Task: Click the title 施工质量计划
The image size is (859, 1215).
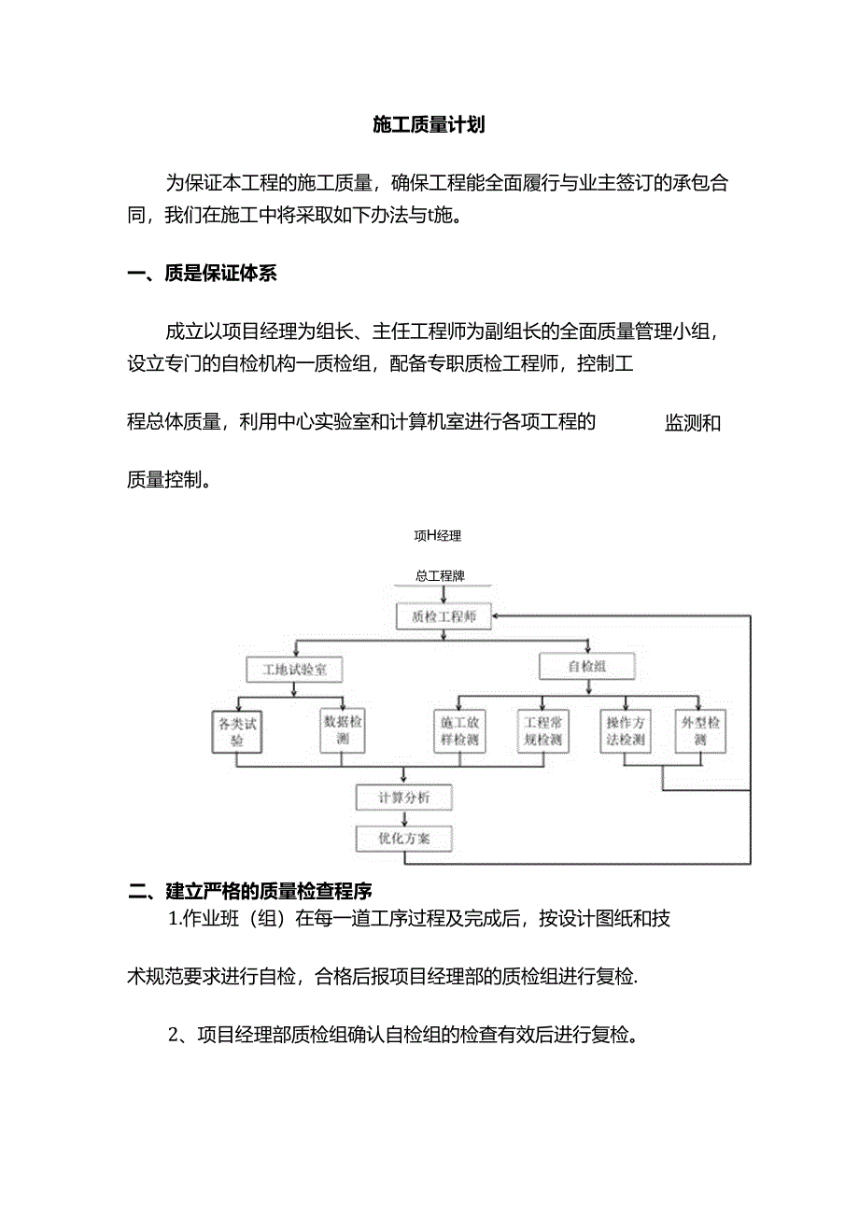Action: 429,125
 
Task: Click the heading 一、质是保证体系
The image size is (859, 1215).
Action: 202,274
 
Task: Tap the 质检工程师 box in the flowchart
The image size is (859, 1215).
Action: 444,617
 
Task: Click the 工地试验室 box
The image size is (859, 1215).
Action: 294,669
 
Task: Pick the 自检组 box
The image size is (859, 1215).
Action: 587,667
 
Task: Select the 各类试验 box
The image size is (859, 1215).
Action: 236,731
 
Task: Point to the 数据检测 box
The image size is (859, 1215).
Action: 343,731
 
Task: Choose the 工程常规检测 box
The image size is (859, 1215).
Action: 542,731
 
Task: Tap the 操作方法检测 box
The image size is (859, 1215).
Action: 626,731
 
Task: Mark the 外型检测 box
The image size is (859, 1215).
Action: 700,731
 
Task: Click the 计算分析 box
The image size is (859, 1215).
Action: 404,798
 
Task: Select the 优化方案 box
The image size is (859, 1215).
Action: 404,838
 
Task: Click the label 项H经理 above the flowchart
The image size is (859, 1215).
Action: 437,536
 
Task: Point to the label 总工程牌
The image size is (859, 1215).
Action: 441,576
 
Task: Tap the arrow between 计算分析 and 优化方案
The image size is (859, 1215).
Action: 403,818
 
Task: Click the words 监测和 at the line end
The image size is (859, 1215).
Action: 692,423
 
